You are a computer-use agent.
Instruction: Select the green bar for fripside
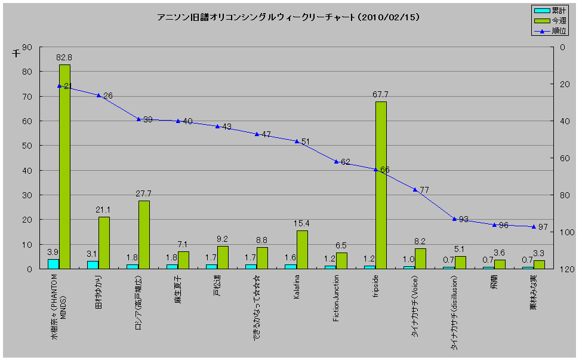[x=381, y=185]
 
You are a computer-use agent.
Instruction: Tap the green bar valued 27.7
[x=144, y=234]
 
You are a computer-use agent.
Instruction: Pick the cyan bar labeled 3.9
[x=53, y=264]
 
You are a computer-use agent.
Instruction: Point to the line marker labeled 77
[x=415, y=190]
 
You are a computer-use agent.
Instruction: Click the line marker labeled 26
[x=99, y=96]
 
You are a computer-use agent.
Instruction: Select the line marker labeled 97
[x=534, y=226]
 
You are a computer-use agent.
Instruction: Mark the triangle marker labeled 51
[x=297, y=141]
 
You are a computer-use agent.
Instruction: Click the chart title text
[x=288, y=17]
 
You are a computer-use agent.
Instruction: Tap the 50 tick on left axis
[x=28, y=146]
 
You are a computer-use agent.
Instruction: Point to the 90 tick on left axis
[x=28, y=47]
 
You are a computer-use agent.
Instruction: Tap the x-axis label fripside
[x=376, y=285]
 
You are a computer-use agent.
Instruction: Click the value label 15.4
[x=302, y=223]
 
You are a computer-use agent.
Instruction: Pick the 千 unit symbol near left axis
[x=16, y=54]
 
